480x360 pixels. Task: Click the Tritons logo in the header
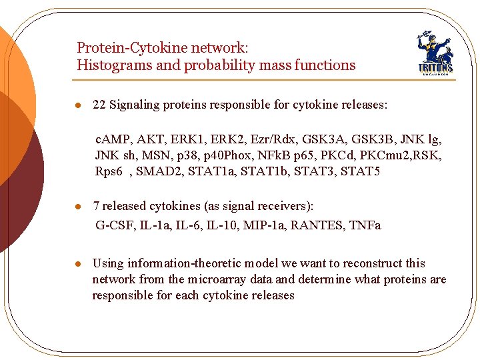click(435, 53)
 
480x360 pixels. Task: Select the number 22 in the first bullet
click(99, 105)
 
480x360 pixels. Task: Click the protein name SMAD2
click(163, 171)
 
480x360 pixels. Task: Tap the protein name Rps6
click(109, 171)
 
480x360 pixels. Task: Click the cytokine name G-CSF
click(115, 225)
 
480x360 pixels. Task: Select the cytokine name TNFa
click(365, 225)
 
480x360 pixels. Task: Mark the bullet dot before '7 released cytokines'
click(78, 206)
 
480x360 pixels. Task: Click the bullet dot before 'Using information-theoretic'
click(78, 264)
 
